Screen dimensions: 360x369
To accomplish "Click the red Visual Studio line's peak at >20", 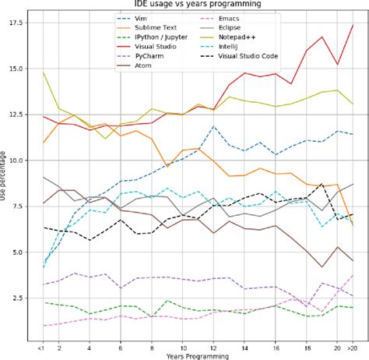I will click(x=353, y=24).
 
